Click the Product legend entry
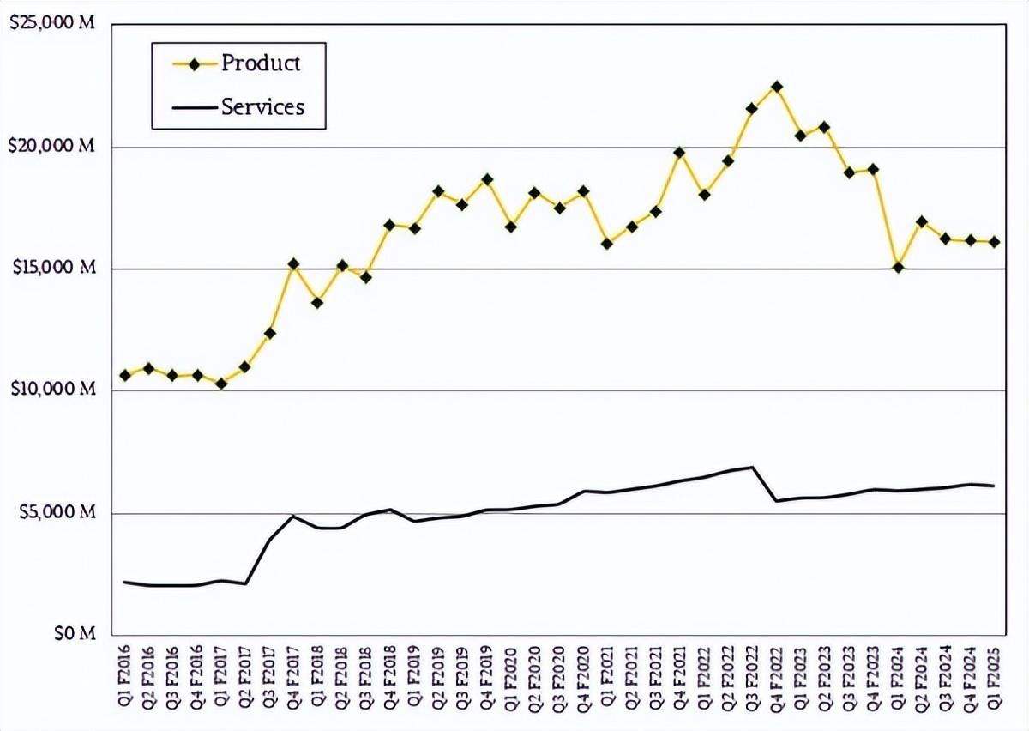tap(261, 63)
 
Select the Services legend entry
tap(262, 106)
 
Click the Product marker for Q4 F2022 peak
tap(777, 87)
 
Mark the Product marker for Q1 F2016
tap(125, 375)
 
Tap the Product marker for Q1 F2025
tap(995, 242)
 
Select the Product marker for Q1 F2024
tap(898, 267)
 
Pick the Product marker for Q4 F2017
tap(293, 264)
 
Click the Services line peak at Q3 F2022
tap(752, 467)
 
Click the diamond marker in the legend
tap(194, 63)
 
